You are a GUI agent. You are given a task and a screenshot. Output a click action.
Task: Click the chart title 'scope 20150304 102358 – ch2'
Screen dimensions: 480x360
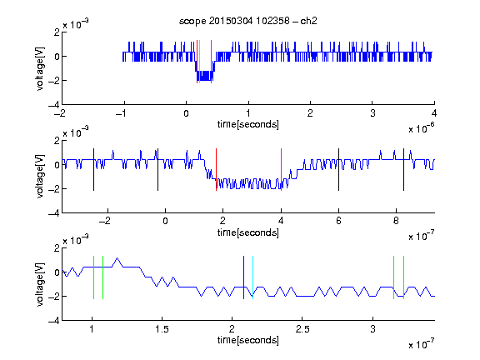click(248, 21)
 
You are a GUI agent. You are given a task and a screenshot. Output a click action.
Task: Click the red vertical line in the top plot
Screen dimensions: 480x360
click(197, 62)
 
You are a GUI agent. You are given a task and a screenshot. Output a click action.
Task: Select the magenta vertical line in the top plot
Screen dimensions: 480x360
click(211, 62)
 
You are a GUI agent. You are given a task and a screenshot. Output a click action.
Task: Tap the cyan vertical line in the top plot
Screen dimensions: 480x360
click(200, 62)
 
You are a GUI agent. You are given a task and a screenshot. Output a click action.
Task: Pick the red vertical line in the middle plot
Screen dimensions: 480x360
click(216, 170)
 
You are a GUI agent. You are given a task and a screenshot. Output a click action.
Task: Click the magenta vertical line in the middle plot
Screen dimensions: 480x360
click(281, 170)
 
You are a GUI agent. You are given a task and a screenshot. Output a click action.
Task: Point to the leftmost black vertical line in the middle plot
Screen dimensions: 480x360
click(93, 170)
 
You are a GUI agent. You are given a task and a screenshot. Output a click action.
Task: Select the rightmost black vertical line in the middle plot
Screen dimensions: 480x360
click(403, 170)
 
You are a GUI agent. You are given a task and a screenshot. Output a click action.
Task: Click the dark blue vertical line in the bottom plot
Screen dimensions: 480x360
click(243, 277)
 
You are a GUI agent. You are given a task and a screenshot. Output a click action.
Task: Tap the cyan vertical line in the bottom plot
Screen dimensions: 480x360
click(252, 277)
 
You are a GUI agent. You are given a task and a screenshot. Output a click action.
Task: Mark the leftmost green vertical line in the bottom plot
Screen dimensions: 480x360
click(93, 277)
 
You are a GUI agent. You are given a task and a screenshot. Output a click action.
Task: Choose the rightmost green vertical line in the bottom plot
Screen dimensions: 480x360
click(404, 277)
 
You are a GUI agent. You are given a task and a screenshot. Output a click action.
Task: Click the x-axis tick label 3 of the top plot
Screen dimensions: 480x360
click(372, 113)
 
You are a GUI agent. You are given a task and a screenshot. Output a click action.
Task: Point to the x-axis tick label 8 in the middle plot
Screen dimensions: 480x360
click(396, 221)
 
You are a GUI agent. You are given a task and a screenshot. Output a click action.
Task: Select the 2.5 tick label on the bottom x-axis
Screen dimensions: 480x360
click(302, 329)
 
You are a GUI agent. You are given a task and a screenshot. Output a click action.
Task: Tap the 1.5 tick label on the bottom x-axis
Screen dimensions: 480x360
click(162, 329)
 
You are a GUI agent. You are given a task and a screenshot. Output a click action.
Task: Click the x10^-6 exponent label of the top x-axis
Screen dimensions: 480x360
click(421, 127)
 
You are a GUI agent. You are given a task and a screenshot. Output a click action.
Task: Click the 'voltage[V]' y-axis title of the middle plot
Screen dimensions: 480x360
click(40, 177)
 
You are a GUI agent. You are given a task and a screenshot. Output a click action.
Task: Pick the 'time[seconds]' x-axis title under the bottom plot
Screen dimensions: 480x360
click(248, 340)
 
